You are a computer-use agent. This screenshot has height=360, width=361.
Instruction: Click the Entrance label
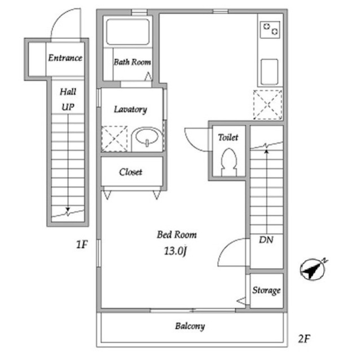(65, 58)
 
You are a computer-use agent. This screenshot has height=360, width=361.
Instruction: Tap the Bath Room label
(132, 62)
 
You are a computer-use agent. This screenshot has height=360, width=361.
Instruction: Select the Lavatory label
(130, 109)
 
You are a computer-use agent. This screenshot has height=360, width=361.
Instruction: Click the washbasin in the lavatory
(147, 137)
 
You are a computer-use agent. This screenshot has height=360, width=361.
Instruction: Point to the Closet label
(130, 172)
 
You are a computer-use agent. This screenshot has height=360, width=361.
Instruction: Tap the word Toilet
(228, 137)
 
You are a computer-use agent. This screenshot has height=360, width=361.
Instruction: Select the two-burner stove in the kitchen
(269, 28)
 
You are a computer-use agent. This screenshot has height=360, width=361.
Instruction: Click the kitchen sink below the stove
(269, 70)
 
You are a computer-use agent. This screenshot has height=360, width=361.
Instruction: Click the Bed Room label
(177, 235)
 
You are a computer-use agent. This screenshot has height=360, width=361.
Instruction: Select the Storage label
(266, 291)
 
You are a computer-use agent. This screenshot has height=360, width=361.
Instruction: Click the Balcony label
(190, 326)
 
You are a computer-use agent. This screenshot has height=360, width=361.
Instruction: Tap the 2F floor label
(304, 339)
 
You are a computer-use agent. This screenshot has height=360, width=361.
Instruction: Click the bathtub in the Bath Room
(127, 32)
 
